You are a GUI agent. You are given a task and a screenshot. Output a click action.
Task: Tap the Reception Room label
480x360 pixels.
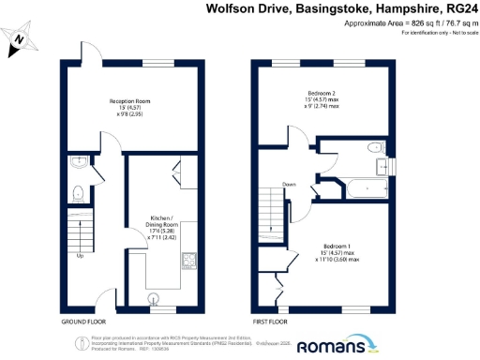[x=130, y=100]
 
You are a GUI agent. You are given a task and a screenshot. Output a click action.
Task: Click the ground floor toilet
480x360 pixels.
[x=79, y=194]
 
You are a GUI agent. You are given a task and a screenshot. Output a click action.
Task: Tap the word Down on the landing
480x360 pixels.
[x=290, y=185]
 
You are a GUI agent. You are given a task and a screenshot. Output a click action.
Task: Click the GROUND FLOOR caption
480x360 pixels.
[x=83, y=322]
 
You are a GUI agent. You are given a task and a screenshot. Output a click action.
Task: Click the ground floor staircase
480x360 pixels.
[x=80, y=231]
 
